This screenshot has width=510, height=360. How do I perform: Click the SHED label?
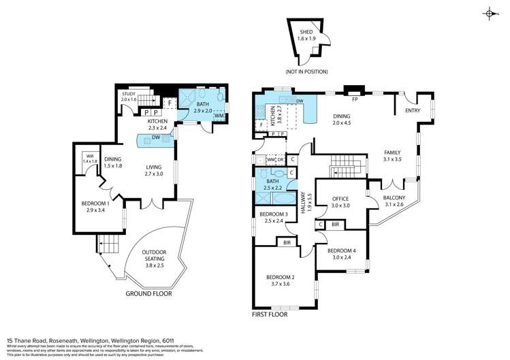[x=307, y=33]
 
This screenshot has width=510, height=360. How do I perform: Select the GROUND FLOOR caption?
[x=148, y=294]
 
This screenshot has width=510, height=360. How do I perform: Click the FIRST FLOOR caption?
[x=270, y=314]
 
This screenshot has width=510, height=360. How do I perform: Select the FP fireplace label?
[x=355, y=99]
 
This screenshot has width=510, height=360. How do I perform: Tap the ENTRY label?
[x=413, y=111]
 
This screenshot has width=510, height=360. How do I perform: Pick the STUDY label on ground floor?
[x=129, y=95]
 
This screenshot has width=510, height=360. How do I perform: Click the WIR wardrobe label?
[x=89, y=157]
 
